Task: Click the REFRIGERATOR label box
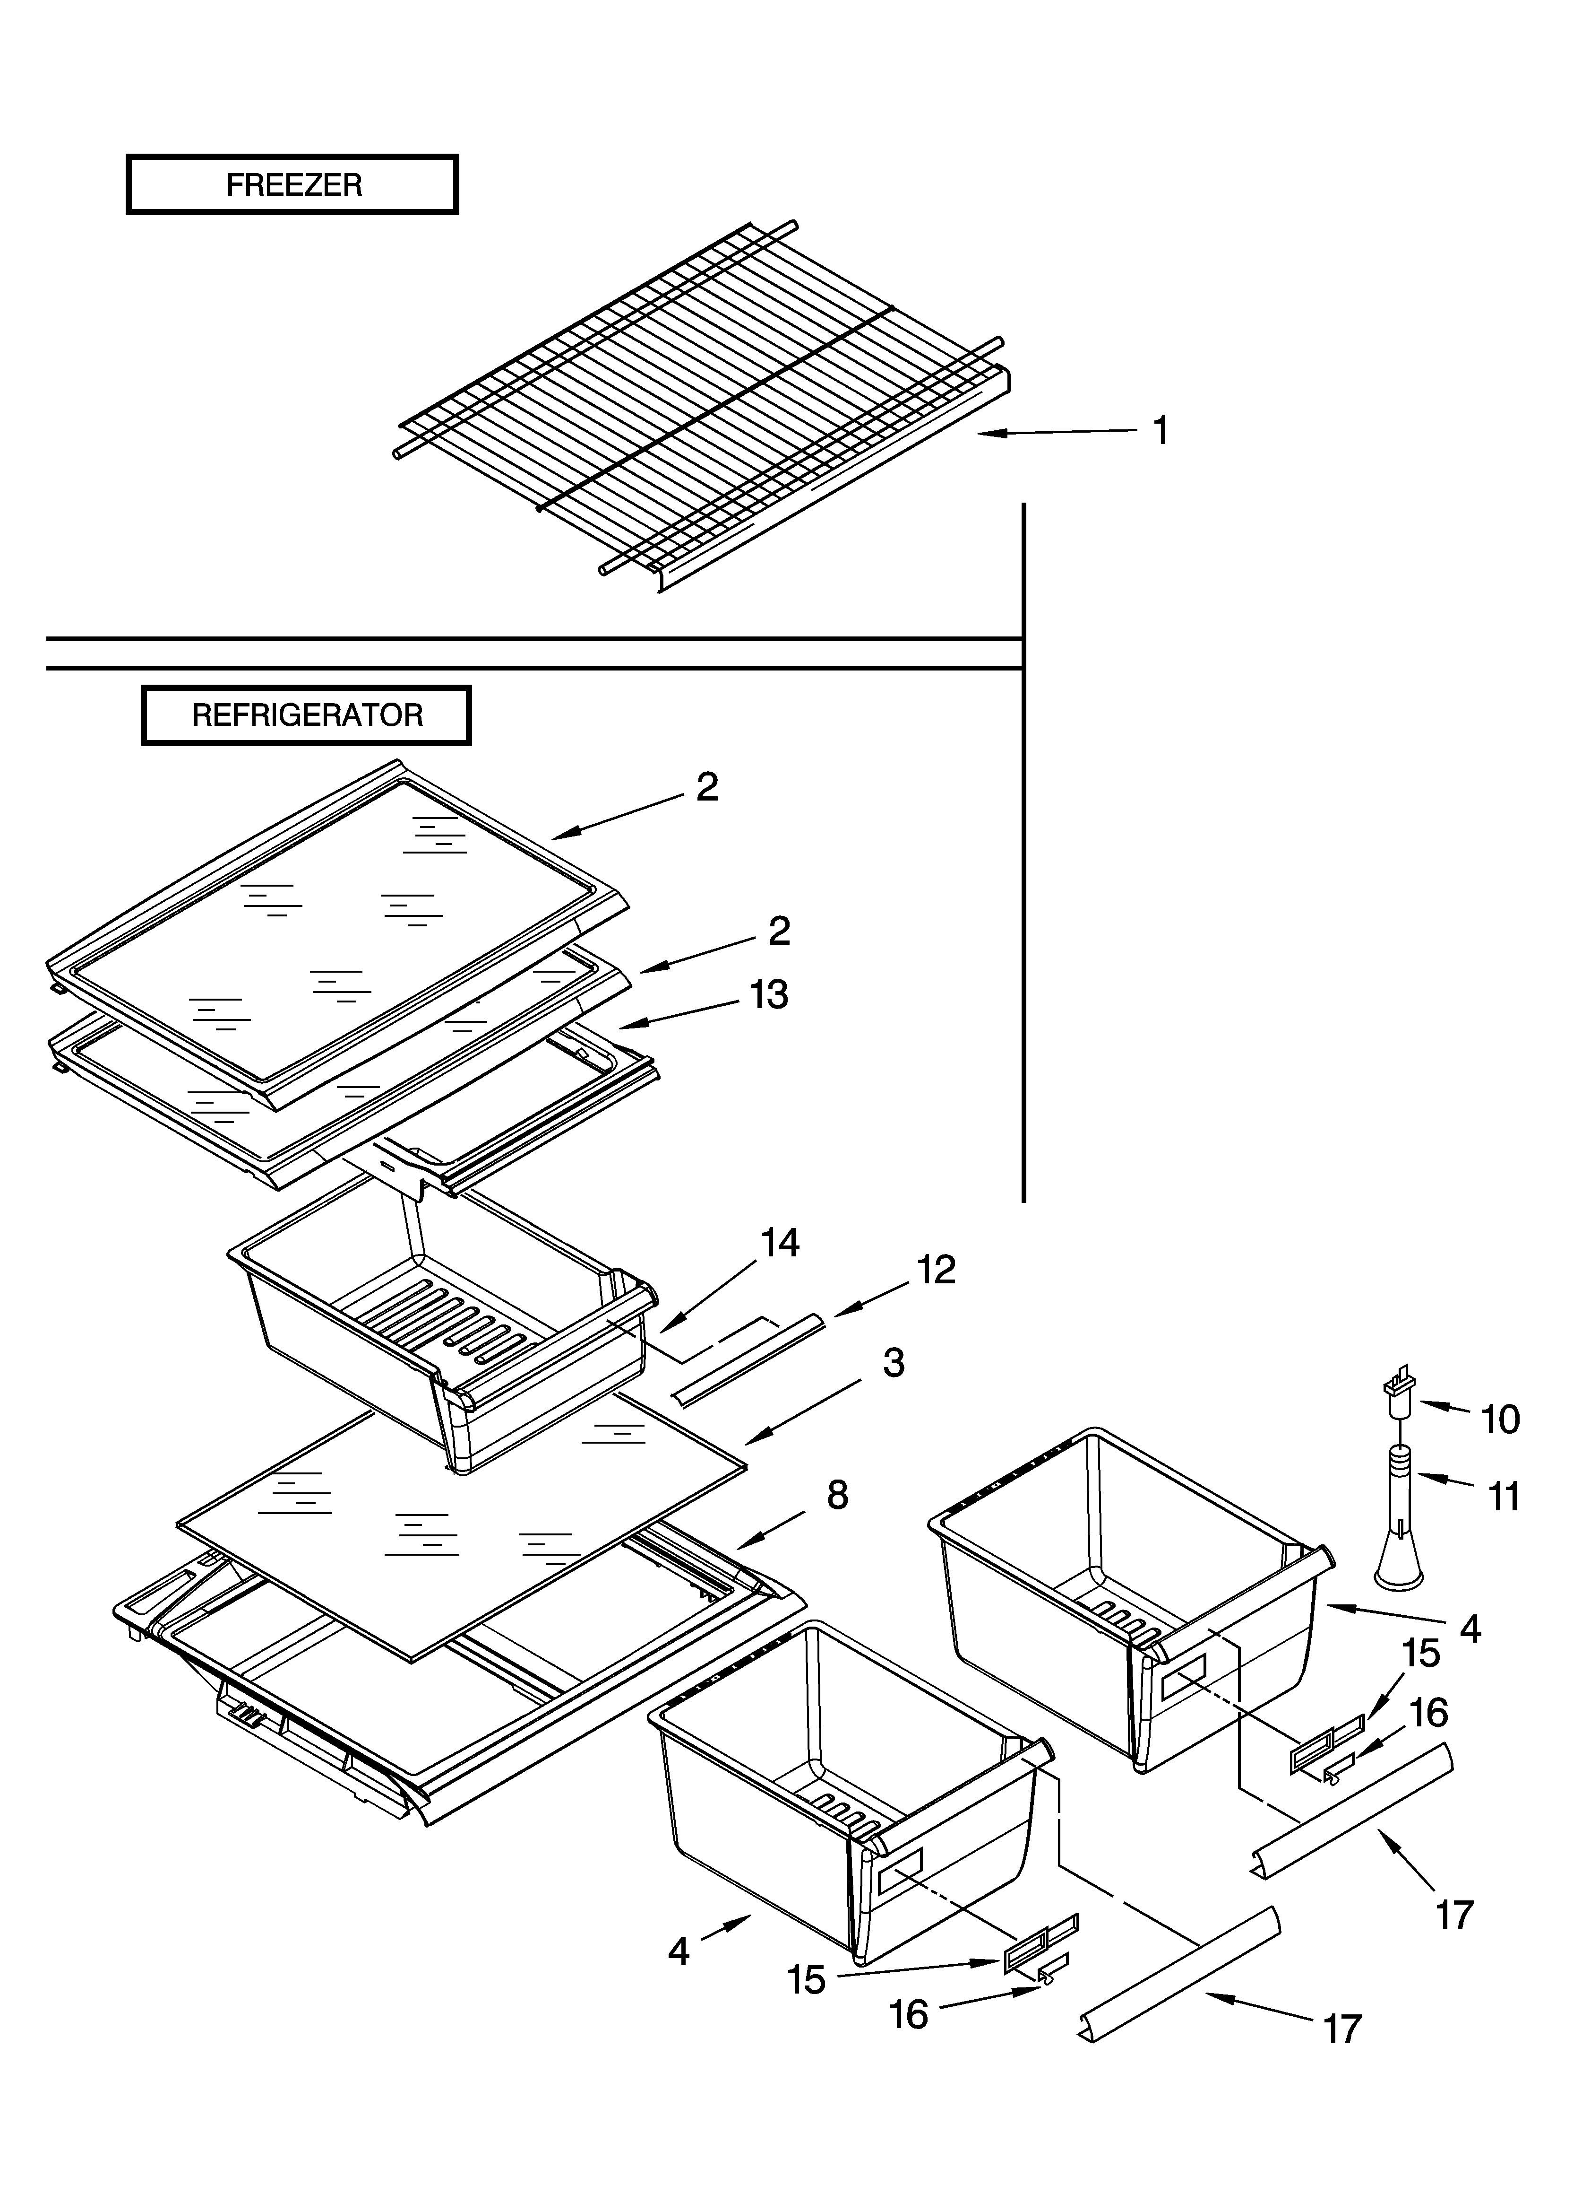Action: coord(306,715)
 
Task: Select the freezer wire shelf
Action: coord(703,405)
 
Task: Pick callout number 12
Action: coord(936,1271)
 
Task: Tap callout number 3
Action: coord(893,1363)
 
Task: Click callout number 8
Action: coord(837,1495)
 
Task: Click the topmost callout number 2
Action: coord(707,787)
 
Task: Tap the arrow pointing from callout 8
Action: coord(771,1528)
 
